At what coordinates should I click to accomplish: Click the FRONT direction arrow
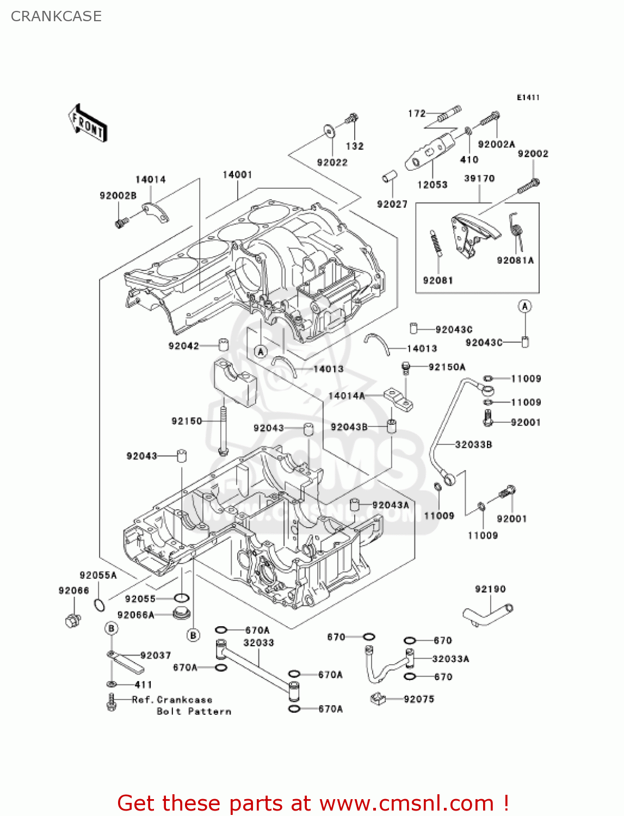click(x=88, y=123)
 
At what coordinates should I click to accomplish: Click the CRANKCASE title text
click(x=56, y=16)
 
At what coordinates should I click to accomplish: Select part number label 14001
click(x=237, y=175)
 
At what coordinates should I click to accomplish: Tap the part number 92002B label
click(x=118, y=195)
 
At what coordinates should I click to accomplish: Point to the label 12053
click(x=432, y=185)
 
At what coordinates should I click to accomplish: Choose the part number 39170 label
click(x=479, y=178)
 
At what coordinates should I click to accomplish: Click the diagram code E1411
click(x=528, y=97)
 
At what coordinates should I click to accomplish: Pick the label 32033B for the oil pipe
click(x=473, y=444)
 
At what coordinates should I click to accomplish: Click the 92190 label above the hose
click(x=490, y=589)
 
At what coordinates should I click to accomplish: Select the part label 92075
click(x=419, y=699)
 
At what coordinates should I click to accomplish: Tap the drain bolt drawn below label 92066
click(x=73, y=620)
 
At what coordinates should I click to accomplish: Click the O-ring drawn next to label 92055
click(x=181, y=598)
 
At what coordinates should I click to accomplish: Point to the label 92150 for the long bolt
click(x=187, y=421)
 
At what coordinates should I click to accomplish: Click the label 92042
click(x=183, y=346)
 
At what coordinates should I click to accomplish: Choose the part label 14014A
click(x=347, y=396)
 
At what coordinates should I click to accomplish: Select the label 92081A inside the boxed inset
click(x=515, y=260)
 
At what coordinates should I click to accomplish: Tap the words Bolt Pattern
click(x=194, y=711)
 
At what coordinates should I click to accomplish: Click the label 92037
click(x=156, y=655)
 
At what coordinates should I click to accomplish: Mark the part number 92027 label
click(x=392, y=203)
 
